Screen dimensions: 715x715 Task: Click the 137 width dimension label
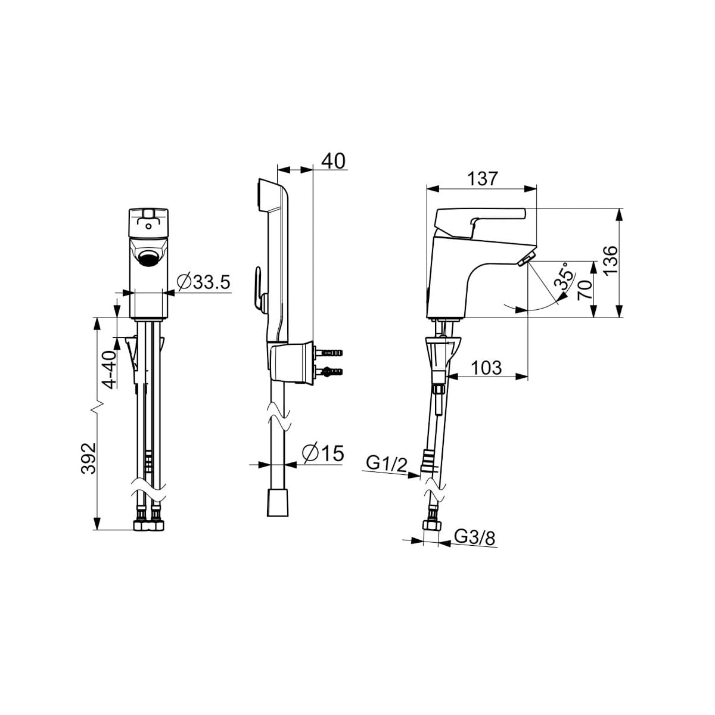481,179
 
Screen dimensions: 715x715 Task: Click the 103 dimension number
486,368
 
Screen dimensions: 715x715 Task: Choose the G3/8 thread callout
474,537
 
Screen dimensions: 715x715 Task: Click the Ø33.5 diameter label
204,282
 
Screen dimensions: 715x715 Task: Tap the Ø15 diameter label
323,453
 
